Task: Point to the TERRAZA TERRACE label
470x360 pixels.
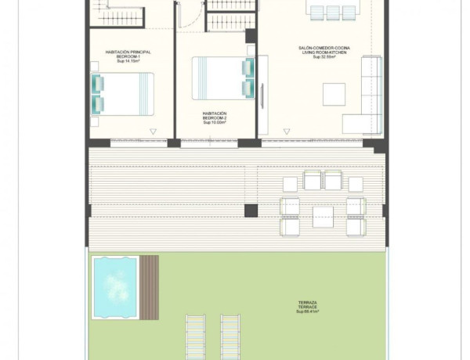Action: tap(307, 304)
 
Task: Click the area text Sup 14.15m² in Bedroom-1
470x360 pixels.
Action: tap(128, 61)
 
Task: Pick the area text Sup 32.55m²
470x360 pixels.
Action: tap(324, 57)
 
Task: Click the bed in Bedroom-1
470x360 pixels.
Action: tap(123, 93)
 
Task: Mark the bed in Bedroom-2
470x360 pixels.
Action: tap(224, 77)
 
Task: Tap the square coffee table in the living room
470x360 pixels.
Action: tap(333, 93)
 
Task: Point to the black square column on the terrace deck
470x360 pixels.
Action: tap(251, 211)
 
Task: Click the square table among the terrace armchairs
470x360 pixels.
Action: tap(323, 216)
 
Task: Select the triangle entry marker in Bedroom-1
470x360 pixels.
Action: tap(153, 131)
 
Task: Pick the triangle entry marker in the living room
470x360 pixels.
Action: tap(285, 131)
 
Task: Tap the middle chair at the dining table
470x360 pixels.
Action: tap(332, 12)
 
